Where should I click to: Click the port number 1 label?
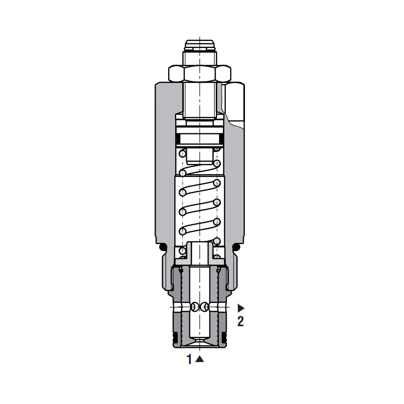coord(189,359)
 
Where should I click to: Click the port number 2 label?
coord(240,322)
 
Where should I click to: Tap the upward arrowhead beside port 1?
coord(199,359)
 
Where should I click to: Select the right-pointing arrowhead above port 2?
coord(241,308)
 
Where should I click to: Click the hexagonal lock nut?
coord(199,73)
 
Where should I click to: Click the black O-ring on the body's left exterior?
coord(163,247)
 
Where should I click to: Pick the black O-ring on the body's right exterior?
coord(236,247)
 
